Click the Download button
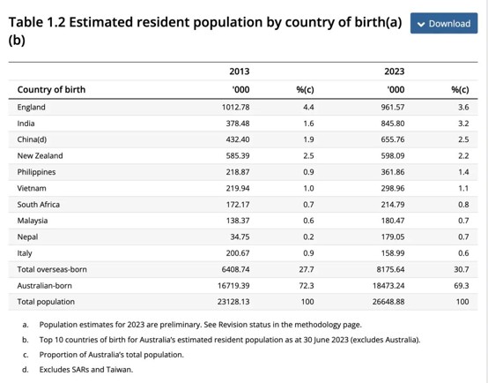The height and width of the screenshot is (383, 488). [x=444, y=23]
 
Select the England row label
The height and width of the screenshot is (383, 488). [x=31, y=108]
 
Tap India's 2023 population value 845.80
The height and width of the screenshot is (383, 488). [x=393, y=124]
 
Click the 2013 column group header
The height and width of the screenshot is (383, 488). [x=240, y=71]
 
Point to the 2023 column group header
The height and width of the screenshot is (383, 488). [x=395, y=71]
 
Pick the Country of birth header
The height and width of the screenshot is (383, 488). [x=51, y=89]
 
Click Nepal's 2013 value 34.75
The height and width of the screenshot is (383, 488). [x=240, y=237]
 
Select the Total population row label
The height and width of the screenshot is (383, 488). [x=46, y=302]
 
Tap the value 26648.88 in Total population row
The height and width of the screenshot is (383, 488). [x=388, y=302]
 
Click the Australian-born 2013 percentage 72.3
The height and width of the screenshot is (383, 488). [x=307, y=286]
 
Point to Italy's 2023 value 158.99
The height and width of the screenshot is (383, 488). [x=393, y=253]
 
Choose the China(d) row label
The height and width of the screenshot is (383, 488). [x=32, y=139]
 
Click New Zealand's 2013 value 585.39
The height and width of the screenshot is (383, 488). [x=238, y=156]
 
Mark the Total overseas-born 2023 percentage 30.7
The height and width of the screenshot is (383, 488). [x=462, y=269]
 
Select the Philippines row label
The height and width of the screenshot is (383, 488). [x=36, y=172]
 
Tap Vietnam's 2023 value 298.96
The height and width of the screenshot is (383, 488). [x=393, y=188]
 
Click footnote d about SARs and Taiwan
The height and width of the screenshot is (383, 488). [x=78, y=370]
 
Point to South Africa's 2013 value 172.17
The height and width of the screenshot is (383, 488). [x=238, y=205]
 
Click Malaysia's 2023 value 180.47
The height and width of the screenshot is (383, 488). [x=393, y=221]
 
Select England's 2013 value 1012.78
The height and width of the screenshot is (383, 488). [x=235, y=108]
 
